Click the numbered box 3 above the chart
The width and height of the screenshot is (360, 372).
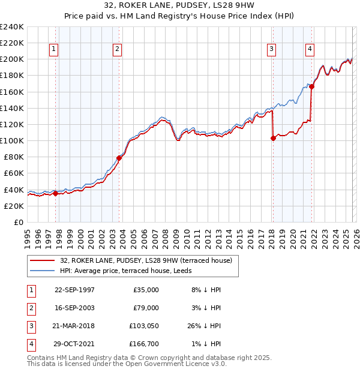[x=272, y=49]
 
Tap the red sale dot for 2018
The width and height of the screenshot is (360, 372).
[x=273, y=138]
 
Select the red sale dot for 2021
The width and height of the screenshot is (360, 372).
[x=312, y=86]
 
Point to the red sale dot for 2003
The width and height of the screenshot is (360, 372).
[x=119, y=158]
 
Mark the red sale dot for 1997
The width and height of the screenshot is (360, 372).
[x=55, y=193]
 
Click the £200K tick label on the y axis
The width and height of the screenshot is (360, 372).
[x=12, y=59]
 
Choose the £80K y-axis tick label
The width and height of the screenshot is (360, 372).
[x=14, y=157]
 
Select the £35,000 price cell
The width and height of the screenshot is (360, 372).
[x=146, y=289]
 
